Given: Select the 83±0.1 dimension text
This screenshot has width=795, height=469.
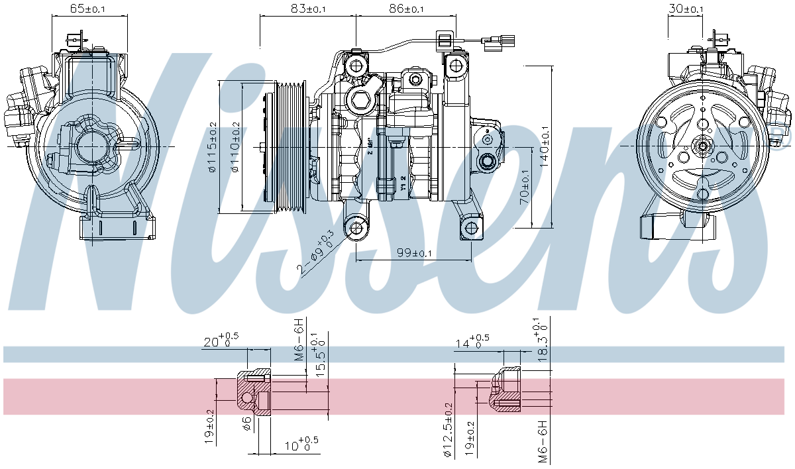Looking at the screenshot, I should [x=308, y=9].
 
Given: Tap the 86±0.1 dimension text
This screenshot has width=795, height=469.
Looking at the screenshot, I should [x=405, y=9].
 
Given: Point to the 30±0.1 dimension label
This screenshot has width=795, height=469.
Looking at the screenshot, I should [x=685, y=9].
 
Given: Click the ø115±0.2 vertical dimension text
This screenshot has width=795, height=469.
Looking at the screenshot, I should [x=212, y=147].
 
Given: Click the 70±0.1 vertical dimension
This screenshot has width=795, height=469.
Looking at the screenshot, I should [x=524, y=187].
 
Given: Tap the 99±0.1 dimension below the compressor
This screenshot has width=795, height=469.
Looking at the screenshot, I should [x=414, y=252].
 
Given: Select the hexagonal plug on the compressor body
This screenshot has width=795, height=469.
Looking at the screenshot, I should [x=360, y=101].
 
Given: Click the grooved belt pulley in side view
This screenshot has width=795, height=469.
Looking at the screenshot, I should [x=290, y=146].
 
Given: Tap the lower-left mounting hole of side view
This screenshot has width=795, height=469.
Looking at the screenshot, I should [x=358, y=229].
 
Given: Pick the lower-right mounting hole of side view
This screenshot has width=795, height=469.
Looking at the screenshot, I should [x=471, y=228].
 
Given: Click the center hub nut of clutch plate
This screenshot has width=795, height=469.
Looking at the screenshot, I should [x=703, y=147].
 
